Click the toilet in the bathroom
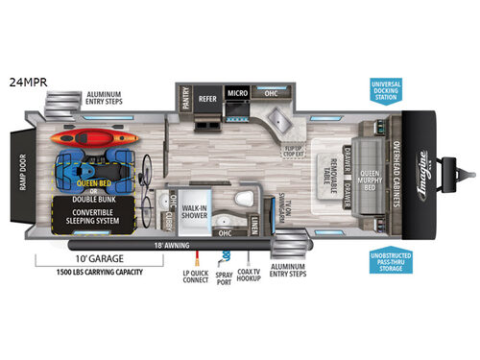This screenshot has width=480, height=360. [244, 202]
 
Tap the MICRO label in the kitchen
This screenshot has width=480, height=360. [237, 94]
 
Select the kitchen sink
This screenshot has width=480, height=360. [281, 120]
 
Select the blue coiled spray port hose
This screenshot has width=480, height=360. [227, 257]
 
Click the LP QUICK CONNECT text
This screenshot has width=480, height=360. [196, 279]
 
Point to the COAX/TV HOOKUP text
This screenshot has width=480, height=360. [249, 279]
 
